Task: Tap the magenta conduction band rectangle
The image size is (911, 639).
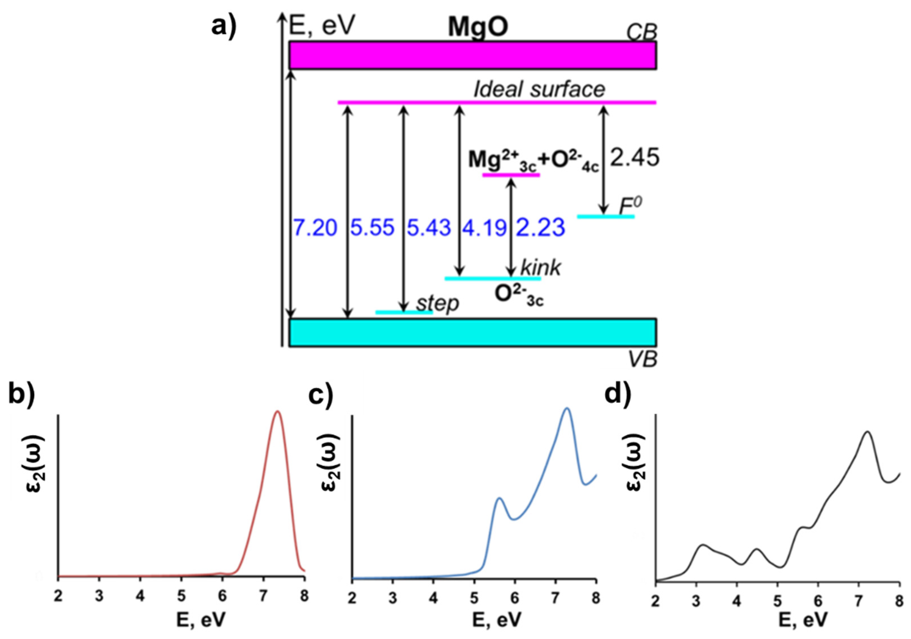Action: [472, 55]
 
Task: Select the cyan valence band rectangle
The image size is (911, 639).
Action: [472, 332]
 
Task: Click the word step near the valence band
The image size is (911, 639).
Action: [437, 303]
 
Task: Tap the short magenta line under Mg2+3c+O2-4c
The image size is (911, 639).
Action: [511, 175]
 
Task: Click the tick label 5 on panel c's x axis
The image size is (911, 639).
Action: [474, 598]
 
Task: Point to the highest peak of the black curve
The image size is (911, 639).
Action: [867, 432]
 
